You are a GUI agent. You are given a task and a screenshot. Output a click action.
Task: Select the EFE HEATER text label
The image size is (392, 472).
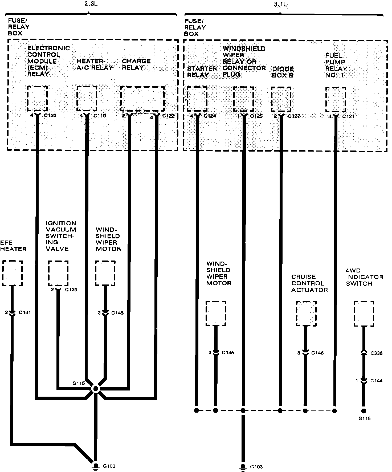click(x=13, y=246)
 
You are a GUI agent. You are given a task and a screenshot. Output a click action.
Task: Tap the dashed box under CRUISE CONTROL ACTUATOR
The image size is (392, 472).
click(x=306, y=314)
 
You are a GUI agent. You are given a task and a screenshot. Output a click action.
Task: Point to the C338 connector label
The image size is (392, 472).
click(x=376, y=353)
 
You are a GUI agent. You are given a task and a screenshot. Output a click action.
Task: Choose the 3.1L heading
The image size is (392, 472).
click(x=280, y=4)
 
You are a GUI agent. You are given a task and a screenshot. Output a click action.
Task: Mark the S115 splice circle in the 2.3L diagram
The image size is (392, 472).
click(x=95, y=389)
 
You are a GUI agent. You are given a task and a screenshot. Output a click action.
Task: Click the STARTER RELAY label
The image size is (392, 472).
click(x=202, y=72)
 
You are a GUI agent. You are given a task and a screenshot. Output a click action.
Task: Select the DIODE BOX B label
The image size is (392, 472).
click(x=283, y=72)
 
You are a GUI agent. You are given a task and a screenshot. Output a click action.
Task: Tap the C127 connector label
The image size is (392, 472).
click(x=294, y=116)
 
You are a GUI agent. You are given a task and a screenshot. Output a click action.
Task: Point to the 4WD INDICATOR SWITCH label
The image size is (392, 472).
click(x=364, y=280)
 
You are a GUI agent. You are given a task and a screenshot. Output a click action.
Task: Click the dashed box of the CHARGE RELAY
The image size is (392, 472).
click(x=142, y=99)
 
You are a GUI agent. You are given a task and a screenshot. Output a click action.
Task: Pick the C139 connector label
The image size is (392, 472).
click(x=71, y=290)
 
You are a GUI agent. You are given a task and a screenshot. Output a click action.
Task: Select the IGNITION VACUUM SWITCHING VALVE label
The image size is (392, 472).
click(x=61, y=236)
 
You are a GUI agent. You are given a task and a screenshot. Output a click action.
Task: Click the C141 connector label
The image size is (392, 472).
click(x=25, y=312)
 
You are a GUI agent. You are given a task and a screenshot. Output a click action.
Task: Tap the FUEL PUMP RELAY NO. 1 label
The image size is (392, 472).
click(x=336, y=65)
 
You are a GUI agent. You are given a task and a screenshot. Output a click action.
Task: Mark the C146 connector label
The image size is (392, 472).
click(x=317, y=353)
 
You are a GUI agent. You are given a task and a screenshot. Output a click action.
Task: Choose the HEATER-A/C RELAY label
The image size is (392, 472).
click(x=95, y=64)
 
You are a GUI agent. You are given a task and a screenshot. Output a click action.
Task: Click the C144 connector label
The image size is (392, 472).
click(x=376, y=381)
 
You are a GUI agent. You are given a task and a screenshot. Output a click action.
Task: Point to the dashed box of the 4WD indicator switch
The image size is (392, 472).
click(x=364, y=314)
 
